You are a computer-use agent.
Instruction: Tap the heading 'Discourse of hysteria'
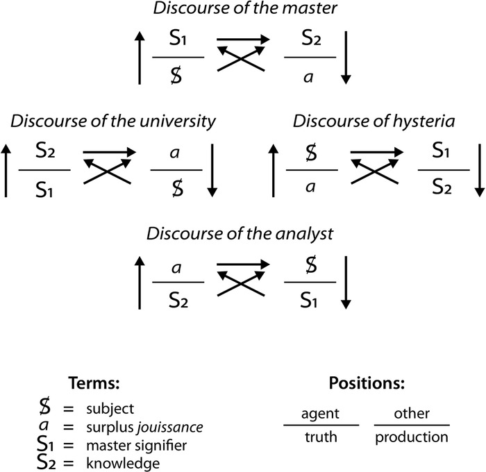coord(374,122)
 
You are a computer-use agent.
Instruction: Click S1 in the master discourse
coord(178,41)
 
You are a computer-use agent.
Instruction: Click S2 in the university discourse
coord(44,154)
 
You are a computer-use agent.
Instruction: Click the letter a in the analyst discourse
coord(178,267)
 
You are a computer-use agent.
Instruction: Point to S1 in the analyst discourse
coord(310,298)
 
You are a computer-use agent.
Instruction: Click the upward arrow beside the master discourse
coord(140,58)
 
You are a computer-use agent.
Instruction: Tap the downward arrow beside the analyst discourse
coord(346,283)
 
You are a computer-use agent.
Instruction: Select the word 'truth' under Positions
coord(320,437)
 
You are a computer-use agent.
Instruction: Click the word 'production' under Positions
coord(412,437)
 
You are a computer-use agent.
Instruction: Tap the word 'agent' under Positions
coord(320,414)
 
